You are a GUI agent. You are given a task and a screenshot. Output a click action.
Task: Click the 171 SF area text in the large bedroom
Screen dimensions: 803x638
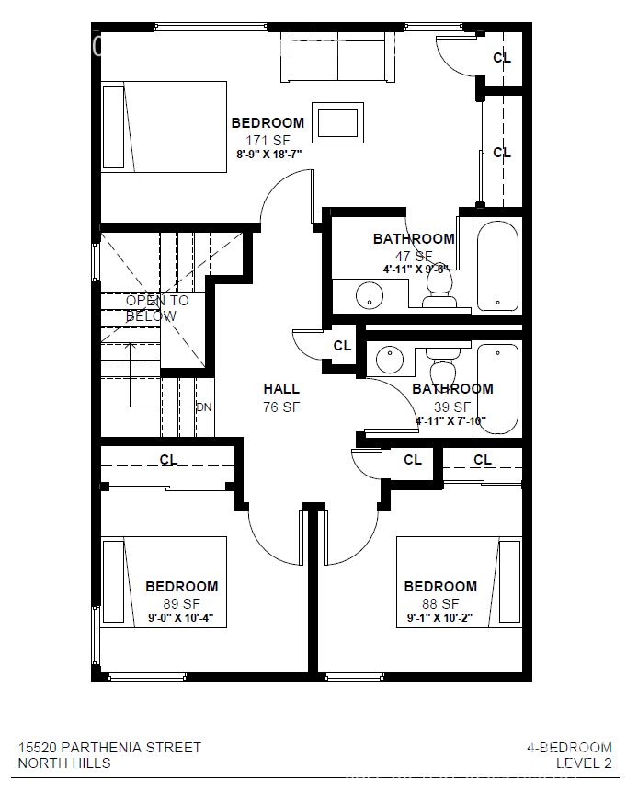pyautogui.click(x=268, y=140)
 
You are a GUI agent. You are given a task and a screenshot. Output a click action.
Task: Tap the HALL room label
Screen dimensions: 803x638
pyautogui.click(x=281, y=389)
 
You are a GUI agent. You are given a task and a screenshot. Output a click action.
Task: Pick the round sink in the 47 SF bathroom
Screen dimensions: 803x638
pyautogui.click(x=369, y=296)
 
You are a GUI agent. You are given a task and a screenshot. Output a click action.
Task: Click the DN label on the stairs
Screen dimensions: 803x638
pyautogui.click(x=204, y=407)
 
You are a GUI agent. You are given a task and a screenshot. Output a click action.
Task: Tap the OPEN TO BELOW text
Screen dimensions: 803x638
pyautogui.click(x=157, y=308)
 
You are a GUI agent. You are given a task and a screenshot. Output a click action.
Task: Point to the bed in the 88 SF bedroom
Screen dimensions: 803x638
pyautogui.click(x=459, y=582)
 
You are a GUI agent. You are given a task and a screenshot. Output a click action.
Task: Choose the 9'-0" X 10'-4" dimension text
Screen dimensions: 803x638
pyautogui.click(x=182, y=618)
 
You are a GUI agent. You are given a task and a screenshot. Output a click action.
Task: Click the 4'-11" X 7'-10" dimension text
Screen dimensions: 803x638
pyautogui.click(x=450, y=422)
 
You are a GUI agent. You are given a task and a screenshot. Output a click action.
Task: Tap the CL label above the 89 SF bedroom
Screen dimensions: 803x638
pyautogui.click(x=169, y=459)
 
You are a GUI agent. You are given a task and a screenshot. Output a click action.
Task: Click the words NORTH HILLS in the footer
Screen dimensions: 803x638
pyautogui.click(x=64, y=763)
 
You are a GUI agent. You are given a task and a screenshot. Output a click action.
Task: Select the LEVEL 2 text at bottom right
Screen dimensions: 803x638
pyautogui.click(x=584, y=763)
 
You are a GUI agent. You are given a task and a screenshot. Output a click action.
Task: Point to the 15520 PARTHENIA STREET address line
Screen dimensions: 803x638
pyautogui.click(x=109, y=747)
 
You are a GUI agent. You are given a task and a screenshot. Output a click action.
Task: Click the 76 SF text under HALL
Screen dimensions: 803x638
pyautogui.click(x=281, y=407)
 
